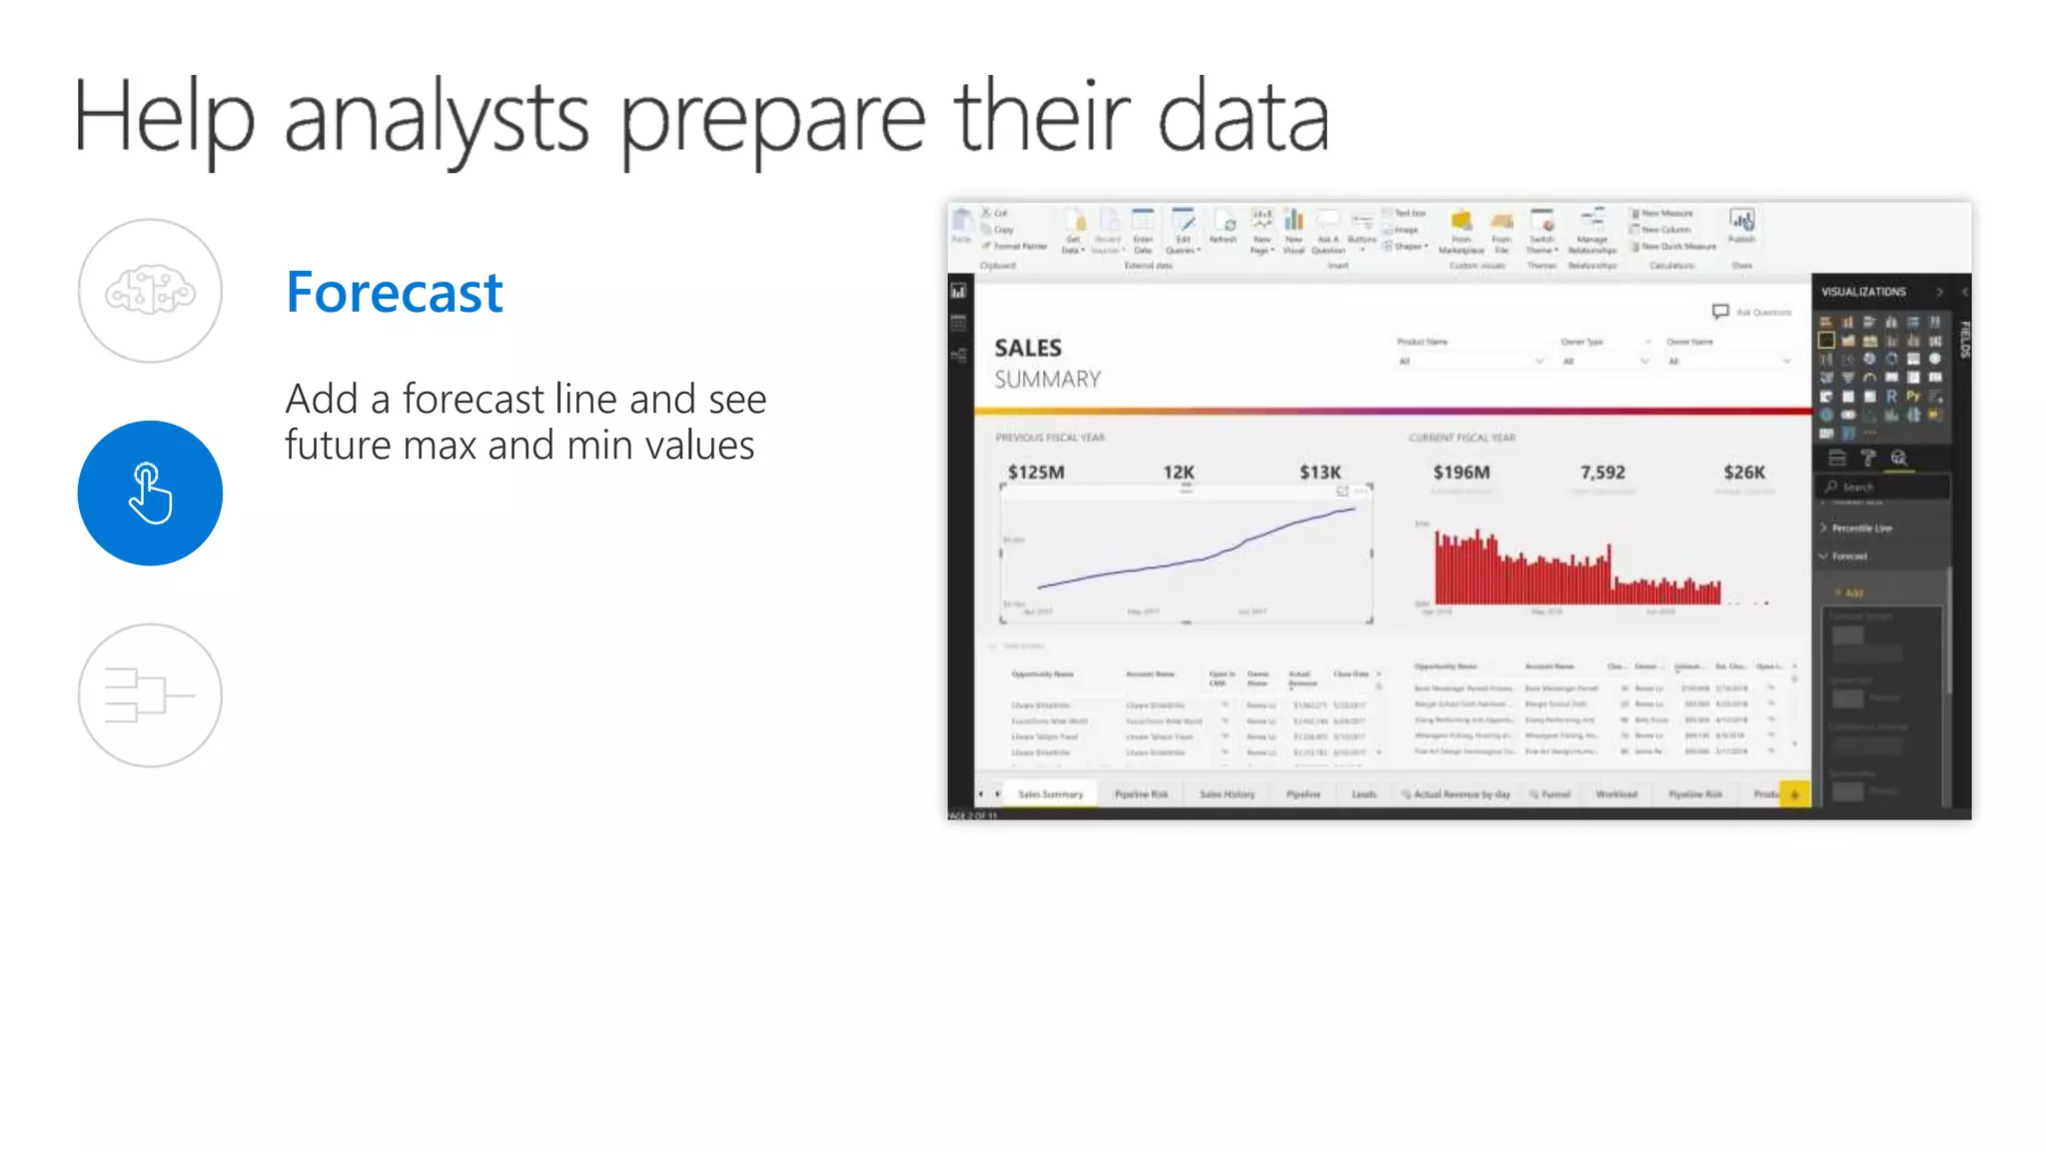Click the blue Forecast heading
pos(394,292)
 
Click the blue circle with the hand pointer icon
pos(150,494)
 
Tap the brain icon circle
pos(150,291)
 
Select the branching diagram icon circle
pos(150,695)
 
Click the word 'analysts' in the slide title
pos(436,118)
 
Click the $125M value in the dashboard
pos(1036,473)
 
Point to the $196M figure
pos(1461,473)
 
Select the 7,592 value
pos(1602,473)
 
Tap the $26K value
pos(1744,473)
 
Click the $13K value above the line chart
pos(1320,473)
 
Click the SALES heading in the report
pos(1028,348)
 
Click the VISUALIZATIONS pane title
pos(1863,292)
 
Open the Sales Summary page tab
pos(1050,794)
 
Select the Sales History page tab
pos(1227,794)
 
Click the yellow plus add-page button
pos(1795,794)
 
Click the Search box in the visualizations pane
pos(1883,488)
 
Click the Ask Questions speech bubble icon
pos(1720,312)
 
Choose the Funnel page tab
pos(1555,794)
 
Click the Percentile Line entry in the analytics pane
pos(1861,528)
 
